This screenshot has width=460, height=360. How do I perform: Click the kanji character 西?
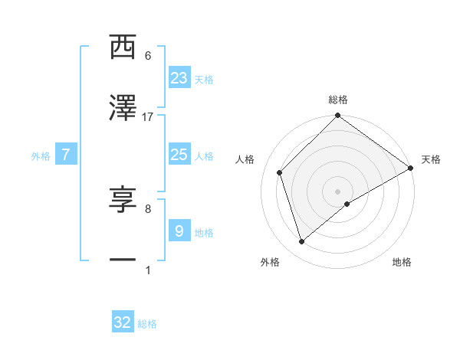[x=123, y=47]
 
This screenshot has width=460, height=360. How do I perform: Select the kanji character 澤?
[x=123, y=109]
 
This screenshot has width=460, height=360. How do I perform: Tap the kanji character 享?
[x=123, y=200]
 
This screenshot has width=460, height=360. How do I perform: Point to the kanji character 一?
[x=123, y=261]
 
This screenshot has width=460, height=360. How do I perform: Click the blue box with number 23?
[x=179, y=77]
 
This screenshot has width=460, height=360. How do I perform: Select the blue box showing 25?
[x=179, y=155]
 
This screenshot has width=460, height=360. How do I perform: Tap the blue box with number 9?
[x=179, y=231]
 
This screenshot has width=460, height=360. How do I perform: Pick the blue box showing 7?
[x=66, y=155]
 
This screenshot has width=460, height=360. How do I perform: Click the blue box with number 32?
[x=123, y=322]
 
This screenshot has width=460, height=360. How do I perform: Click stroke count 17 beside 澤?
[x=148, y=117]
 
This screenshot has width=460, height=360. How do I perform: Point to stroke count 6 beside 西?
[x=148, y=56]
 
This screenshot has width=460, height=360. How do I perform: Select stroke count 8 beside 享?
[x=148, y=208]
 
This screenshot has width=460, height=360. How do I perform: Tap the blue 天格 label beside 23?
[x=204, y=79]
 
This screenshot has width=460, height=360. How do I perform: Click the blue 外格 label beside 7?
[x=41, y=156]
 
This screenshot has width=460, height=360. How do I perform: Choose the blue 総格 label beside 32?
[x=147, y=324]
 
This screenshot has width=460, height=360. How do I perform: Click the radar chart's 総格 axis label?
[x=338, y=100]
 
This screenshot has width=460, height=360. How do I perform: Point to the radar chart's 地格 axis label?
[x=402, y=262]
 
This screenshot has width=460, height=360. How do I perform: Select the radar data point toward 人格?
[x=280, y=172]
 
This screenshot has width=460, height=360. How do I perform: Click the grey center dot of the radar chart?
[x=338, y=191]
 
